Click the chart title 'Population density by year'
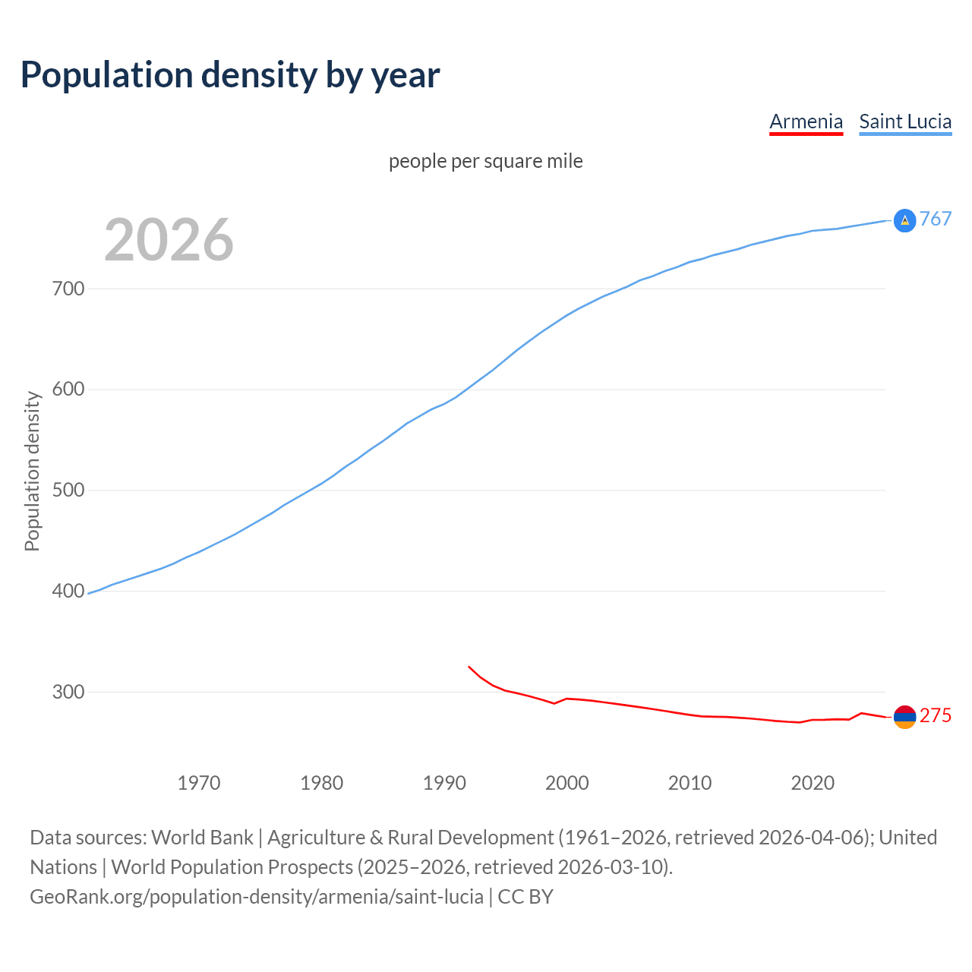[x=230, y=74]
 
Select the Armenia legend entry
[x=806, y=121]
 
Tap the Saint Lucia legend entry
[x=905, y=121]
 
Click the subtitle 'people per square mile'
[x=486, y=161]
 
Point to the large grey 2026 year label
[x=169, y=240]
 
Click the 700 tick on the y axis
[x=68, y=289]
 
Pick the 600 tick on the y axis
[x=68, y=390]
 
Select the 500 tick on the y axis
[x=68, y=491]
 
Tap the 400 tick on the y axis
[x=68, y=591]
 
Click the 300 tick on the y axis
[x=68, y=692]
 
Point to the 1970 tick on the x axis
[x=199, y=782]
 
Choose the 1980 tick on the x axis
[x=322, y=782]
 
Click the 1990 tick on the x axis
[x=444, y=782]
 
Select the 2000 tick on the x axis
[x=567, y=782]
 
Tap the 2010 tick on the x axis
[x=690, y=782]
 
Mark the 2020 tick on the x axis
[x=813, y=782]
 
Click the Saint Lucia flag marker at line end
[x=904, y=220]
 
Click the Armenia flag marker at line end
[x=904, y=717]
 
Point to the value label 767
[x=936, y=219]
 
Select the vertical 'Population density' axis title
[x=32, y=471]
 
